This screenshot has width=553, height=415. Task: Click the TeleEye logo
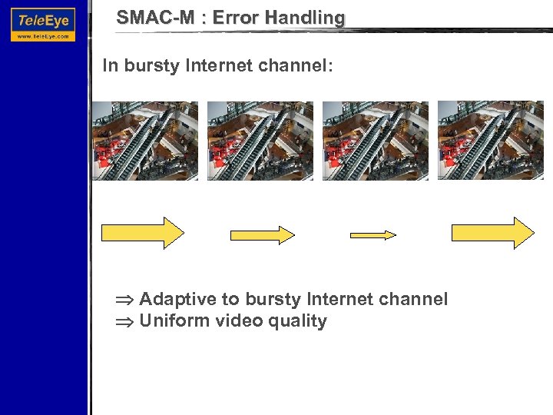[x=44, y=18]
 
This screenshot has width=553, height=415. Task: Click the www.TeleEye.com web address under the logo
[x=44, y=35]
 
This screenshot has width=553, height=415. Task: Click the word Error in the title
[x=237, y=17]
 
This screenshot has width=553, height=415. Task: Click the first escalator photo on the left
[x=145, y=141]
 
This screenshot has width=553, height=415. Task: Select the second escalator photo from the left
[x=260, y=141]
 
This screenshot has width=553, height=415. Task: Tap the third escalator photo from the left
[x=376, y=141]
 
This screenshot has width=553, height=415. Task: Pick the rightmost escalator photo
[x=491, y=141]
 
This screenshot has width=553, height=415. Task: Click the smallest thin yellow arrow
[x=373, y=234]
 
